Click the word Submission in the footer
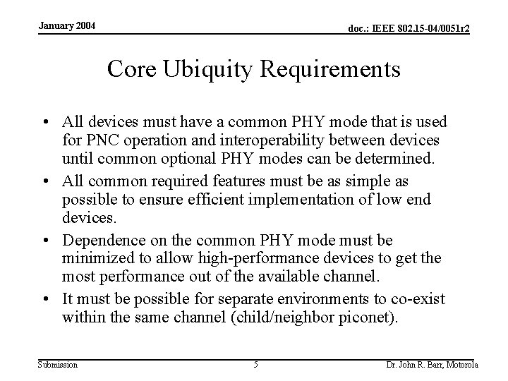click(x=58, y=364)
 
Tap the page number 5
click(x=255, y=364)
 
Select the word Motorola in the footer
click(x=461, y=364)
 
